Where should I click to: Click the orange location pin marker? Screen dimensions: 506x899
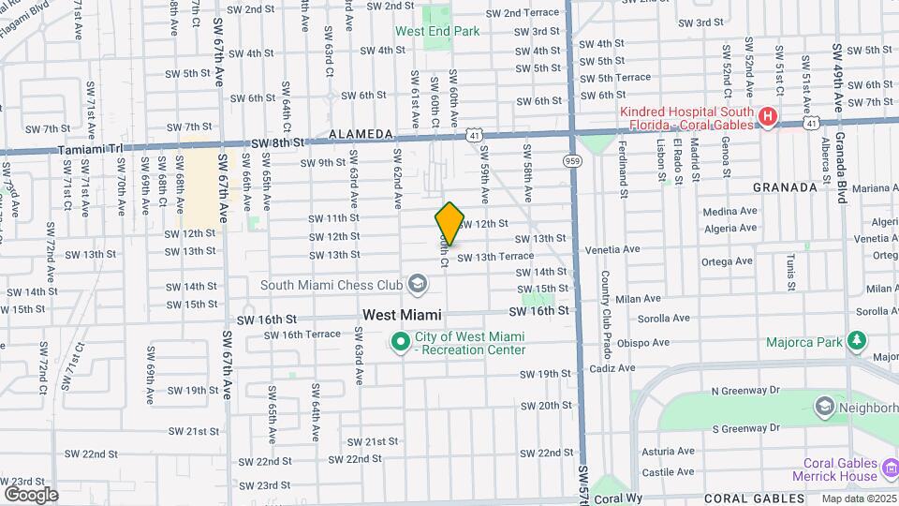(449, 224)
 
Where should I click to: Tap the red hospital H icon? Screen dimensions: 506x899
(767, 117)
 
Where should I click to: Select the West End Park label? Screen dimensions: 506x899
(437, 31)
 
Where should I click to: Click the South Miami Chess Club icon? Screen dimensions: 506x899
(417, 284)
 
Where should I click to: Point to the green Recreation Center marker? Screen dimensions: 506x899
(401, 342)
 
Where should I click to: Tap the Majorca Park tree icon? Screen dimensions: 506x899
(855, 341)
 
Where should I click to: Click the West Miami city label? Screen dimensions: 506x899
(402, 316)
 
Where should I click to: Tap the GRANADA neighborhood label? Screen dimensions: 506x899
(785, 187)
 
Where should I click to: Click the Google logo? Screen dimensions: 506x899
(31, 494)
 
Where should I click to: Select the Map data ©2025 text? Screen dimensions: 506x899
(859, 499)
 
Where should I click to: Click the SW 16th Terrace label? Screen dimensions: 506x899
(298, 334)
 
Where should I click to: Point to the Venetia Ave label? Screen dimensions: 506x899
(612, 250)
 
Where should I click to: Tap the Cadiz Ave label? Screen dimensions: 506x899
(613, 368)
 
